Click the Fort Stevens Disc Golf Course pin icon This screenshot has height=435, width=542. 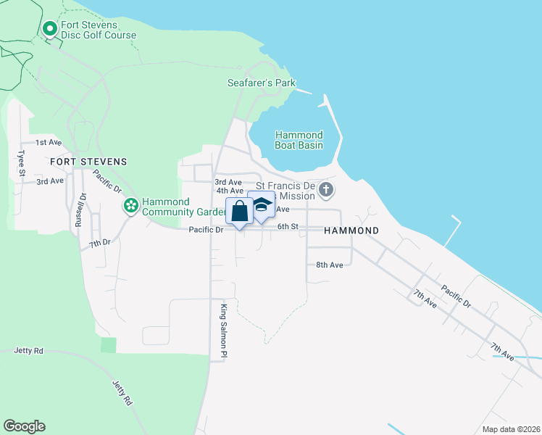[50, 30]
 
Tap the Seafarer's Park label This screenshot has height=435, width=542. [262, 83]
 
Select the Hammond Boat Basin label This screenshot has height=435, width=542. [299, 140]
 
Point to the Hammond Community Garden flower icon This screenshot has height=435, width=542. [131, 207]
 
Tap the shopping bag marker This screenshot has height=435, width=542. [240, 211]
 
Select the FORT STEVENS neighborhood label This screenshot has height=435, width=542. [88, 161]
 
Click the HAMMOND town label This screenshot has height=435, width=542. [351, 230]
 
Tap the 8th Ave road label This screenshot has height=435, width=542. [329, 265]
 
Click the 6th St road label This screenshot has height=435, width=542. [288, 226]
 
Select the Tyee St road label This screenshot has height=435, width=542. [22, 163]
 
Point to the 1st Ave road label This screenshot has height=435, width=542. [49, 142]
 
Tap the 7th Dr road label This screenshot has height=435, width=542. [100, 243]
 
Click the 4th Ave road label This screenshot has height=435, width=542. [230, 191]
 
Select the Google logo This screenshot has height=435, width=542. [24, 426]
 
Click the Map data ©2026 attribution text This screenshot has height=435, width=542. [510, 429]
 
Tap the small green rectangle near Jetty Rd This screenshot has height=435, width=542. [108, 345]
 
